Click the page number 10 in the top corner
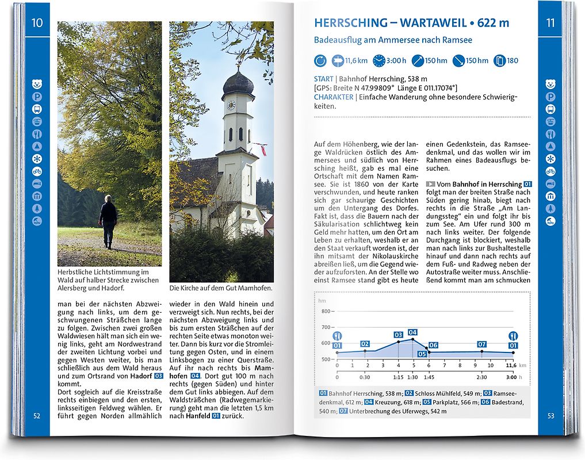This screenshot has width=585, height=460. (37, 23)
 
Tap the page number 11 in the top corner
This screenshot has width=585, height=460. (550, 23)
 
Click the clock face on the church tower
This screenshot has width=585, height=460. (231, 105)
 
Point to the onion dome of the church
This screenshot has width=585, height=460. (238, 82)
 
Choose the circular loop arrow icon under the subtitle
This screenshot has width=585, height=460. (320, 60)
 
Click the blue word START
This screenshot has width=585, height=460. (323, 79)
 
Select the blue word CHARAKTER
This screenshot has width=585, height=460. (334, 97)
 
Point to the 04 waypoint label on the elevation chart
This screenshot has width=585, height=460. (412, 332)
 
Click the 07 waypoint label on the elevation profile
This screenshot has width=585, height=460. (482, 344)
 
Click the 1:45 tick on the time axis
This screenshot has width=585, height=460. (429, 377)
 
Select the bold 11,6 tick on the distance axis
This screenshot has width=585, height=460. (511, 365)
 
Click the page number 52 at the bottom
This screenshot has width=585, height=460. (37, 416)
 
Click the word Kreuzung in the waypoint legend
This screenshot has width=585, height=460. (389, 402)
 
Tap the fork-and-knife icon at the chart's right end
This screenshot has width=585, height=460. (512, 336)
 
